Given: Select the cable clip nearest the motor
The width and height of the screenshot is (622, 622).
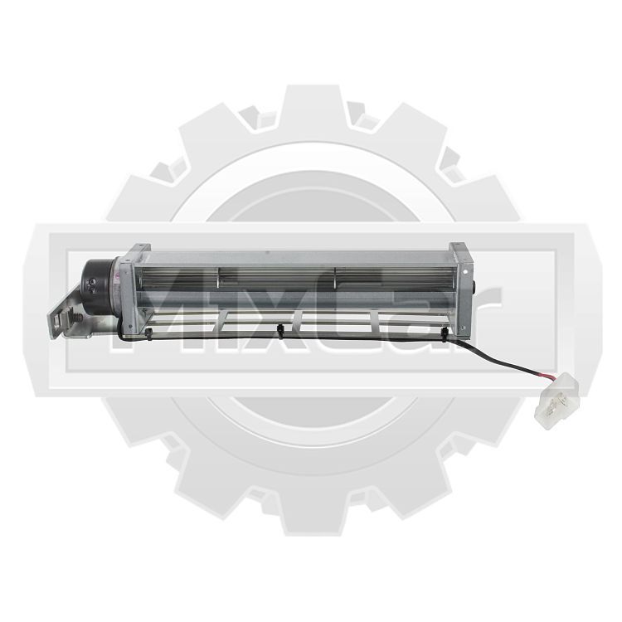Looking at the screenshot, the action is (x=148, y=332).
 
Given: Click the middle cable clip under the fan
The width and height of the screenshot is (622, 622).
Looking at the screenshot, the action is (x=280, y=330).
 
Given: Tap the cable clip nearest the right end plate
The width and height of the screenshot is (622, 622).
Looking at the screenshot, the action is (x=445, y=333).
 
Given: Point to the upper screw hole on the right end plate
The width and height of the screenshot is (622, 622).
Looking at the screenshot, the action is (x=465, y=271).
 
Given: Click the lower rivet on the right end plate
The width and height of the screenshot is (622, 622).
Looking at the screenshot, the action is (x=462, y=328).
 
